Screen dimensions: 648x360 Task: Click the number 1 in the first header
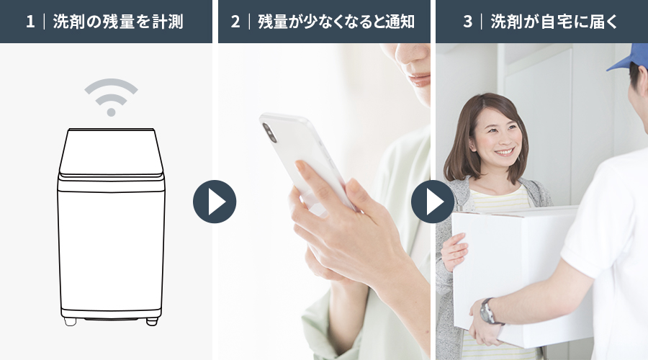click(30, 22)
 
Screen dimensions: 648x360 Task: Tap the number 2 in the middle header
click(235, 22)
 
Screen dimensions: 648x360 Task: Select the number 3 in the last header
click(467, 22)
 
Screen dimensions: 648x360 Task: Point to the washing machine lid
click(111, 152)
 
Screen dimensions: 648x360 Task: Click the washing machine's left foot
click(70, 321)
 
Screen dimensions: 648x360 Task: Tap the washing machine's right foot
click(152, 321)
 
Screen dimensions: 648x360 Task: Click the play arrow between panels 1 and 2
click(215, 202)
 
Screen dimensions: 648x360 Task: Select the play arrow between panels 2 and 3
click(433, 202)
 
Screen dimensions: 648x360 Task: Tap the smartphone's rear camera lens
click(269, 132)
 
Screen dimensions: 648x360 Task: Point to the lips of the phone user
click(420, 79)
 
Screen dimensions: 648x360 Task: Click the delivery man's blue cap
click(627, 58)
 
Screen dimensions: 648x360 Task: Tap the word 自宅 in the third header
click(556, 22)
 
